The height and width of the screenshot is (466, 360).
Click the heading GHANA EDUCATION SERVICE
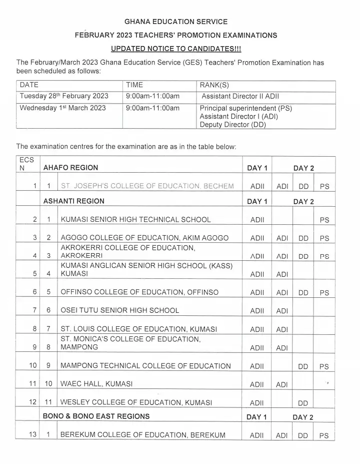(175, 22)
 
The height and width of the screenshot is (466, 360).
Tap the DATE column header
(29, 85)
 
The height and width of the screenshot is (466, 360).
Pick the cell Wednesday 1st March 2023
(62, 108)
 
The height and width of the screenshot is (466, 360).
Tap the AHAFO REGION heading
(71, 168)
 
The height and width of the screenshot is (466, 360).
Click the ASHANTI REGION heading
(74, 201)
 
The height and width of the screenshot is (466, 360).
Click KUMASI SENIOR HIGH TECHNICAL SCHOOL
(135, 220)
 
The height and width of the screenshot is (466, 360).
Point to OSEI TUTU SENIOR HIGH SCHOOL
(119, 310)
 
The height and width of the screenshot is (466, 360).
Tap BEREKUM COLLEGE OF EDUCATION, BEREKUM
(143, 435)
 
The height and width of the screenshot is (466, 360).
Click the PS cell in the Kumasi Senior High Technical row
(324, 220)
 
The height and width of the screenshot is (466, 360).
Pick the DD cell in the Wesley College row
(303, 403)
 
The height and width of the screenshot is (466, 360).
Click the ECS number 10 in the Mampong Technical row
(32, 366)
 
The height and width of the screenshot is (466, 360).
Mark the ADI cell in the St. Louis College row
(281, 329)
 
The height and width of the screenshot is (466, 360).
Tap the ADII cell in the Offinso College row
(257, 292)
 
